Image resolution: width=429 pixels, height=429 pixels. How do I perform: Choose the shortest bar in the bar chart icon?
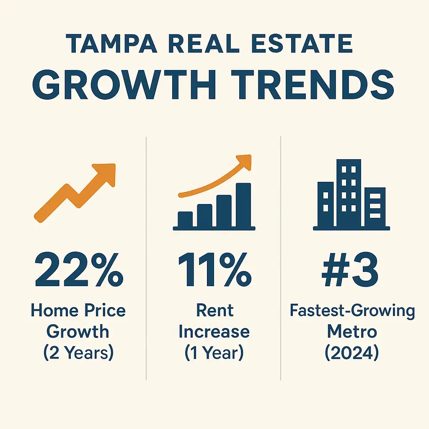pos(185,218)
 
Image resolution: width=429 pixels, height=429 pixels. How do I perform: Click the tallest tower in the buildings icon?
pos(349,193)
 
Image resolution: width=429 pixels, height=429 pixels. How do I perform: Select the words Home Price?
pos(78,311)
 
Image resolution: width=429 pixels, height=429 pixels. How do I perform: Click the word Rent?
pos(214,311)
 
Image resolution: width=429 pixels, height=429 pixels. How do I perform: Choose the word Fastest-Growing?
pos(352,311)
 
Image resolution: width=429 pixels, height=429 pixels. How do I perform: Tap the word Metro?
pos(352,331)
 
